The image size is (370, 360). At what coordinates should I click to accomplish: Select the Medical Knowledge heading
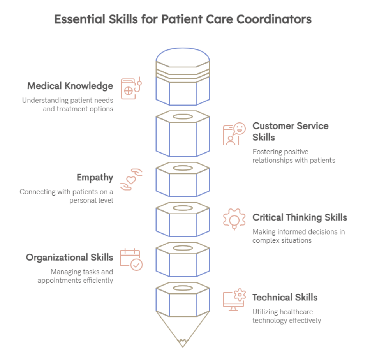70,86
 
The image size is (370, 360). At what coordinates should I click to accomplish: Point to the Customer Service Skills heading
290,131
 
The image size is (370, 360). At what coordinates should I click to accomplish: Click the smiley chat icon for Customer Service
234,134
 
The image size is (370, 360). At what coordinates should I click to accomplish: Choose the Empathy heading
95,178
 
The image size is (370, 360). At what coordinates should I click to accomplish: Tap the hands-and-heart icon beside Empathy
131,179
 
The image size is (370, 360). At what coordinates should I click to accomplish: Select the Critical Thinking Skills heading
300,217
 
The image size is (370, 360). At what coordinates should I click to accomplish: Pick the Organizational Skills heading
70,258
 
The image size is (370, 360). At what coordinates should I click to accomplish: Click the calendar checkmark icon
131,259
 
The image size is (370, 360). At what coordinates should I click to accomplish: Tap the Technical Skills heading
285,298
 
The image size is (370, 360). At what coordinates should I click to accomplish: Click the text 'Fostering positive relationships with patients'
293,156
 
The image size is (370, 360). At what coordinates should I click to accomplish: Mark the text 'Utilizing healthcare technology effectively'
286,316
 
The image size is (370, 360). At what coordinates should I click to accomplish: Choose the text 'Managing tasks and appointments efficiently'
76,276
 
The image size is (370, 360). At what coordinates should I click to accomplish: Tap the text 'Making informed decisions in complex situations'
298,236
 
